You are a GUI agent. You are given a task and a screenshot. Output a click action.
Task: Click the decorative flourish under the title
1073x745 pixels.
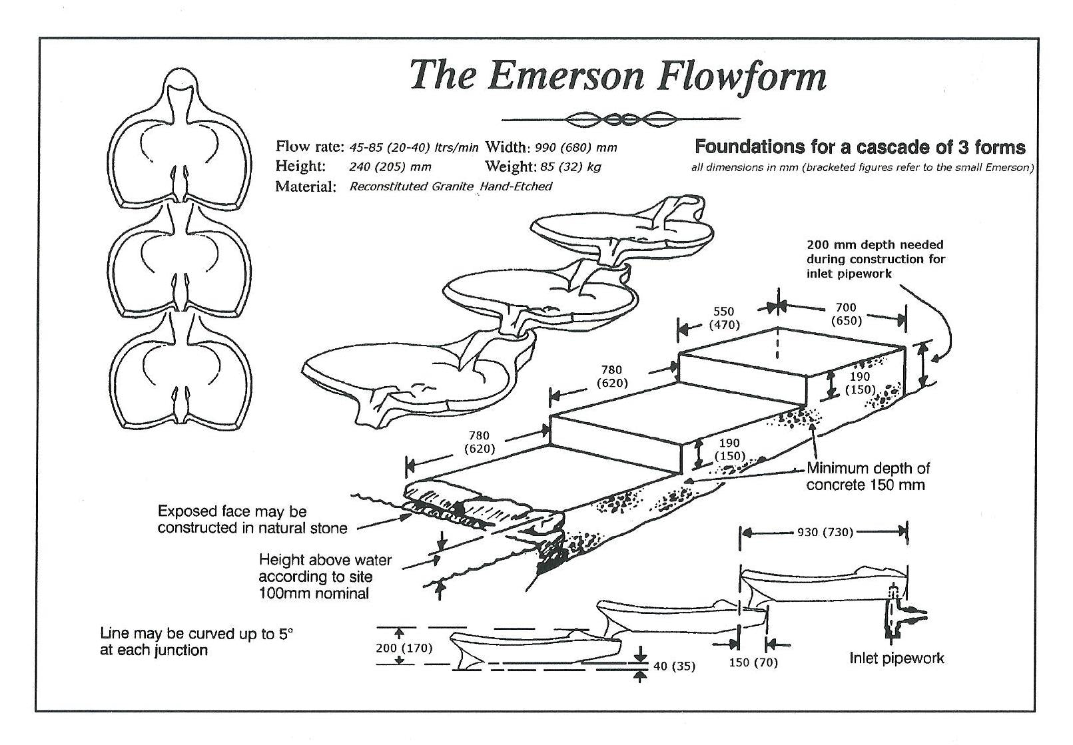point(620,120)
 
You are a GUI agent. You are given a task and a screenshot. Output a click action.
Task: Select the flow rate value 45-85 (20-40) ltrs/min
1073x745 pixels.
point(414,147)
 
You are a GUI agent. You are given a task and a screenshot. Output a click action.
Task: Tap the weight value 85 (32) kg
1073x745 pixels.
point(571,166)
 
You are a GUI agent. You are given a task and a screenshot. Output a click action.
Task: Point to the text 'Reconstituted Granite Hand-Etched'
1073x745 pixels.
point(450,186)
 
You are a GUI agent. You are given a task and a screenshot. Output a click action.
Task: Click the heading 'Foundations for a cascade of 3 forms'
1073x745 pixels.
point(860,147)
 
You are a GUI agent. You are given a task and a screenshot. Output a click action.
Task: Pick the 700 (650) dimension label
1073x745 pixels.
point(846,314)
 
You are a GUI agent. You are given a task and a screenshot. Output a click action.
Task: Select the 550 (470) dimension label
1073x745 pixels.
point(723,318)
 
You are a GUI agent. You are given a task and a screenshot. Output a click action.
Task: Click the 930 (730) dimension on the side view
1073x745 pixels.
point(825,533)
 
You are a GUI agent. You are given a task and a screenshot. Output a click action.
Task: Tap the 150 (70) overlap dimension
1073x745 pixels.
point(753,662)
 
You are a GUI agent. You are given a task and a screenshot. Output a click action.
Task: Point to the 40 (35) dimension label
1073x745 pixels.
point(674,666)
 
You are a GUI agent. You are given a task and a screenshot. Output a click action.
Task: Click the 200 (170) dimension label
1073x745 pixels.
point(404,648)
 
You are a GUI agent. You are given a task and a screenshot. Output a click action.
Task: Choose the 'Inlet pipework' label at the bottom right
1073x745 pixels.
point(896,658)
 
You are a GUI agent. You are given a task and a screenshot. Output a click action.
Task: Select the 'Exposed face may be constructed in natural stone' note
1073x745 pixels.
point(252,520)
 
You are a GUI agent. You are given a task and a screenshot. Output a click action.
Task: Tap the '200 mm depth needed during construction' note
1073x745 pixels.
point(876,259)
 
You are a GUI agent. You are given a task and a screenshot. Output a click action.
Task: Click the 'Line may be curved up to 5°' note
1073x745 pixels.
point(196,642)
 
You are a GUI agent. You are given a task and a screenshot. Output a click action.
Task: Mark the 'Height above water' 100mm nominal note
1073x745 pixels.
point(324,577)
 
